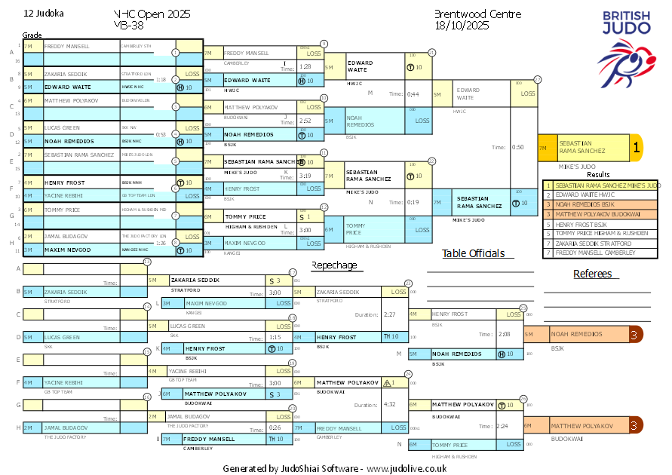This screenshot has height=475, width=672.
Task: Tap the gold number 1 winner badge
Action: pos(636,149)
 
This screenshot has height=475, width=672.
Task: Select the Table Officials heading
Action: pos(473,253)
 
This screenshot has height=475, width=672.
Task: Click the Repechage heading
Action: pos(337,265)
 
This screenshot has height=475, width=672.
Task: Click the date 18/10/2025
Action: pos(462,25)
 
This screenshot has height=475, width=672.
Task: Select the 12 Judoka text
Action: pos(44,14)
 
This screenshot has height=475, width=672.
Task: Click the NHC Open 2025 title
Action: pos(152,14)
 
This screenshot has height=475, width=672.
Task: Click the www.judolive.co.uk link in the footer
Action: pos(407,468)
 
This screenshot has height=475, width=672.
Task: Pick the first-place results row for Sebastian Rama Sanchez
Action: pos(602,185)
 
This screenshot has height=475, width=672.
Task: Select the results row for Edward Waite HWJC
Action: pos(602,195)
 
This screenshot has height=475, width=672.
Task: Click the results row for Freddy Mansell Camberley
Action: pos(602,253)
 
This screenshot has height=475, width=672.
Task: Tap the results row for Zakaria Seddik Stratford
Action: pos(602,243)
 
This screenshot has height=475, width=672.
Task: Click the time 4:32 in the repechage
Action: pos(390,404)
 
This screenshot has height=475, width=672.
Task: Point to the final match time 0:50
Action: pos(518,148)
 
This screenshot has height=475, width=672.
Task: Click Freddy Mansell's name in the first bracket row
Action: pos(67,47)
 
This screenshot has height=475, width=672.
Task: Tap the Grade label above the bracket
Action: pos(32,35)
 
